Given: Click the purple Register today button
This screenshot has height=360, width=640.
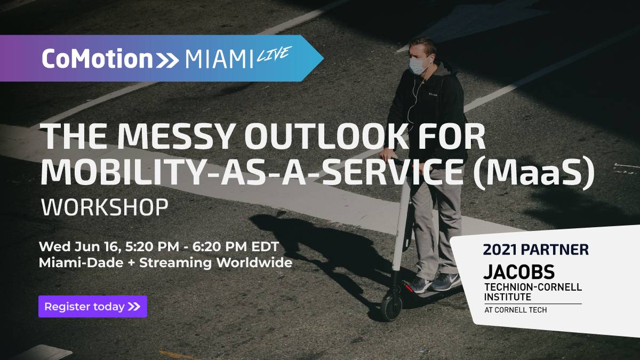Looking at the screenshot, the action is [93, 307].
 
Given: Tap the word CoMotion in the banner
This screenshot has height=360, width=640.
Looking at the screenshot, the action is [98, 59].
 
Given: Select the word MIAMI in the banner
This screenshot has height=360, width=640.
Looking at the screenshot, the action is [219, 59].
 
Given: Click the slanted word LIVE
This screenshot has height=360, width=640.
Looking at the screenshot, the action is [274, 54].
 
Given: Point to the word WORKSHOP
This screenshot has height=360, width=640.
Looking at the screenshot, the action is [105, 207].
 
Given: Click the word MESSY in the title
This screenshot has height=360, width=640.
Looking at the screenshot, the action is [174, 137].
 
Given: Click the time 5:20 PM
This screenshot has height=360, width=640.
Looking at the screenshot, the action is [152, 247].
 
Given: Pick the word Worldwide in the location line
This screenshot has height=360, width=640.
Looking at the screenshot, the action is [254, 262].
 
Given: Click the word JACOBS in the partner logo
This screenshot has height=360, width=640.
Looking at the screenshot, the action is [519, 271].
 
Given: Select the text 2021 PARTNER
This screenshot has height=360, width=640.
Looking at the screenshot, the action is [535, 250].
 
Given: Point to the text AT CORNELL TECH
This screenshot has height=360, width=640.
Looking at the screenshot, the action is [515, 310].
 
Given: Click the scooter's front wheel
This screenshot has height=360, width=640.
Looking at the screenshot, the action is [391, 308].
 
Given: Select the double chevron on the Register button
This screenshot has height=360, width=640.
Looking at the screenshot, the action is [134, 307].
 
